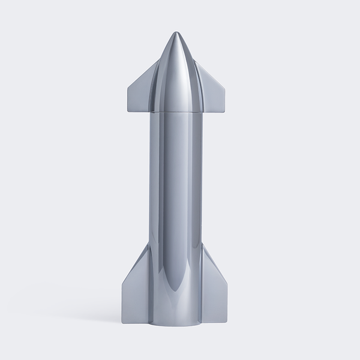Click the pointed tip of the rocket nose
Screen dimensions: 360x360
(x=176, y=32)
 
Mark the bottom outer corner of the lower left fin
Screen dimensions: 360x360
(x=123, y=324)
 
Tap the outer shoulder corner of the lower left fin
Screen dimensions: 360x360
(x=123, y=283)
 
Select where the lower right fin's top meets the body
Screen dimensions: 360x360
(x=202, y=245)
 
